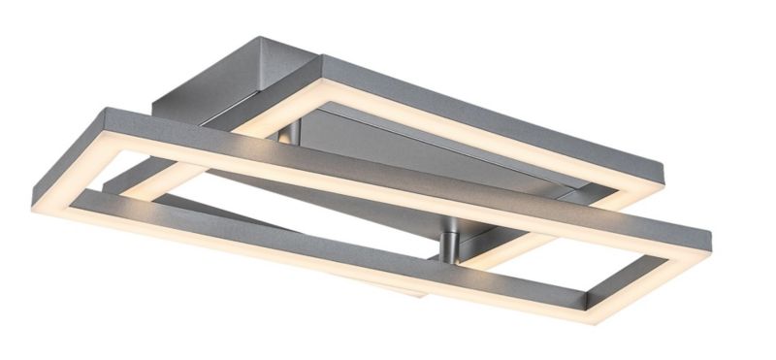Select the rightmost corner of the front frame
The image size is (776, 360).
point(712,237)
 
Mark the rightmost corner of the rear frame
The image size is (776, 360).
point(668,167)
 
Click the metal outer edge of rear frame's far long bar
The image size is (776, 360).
point(504,97)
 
